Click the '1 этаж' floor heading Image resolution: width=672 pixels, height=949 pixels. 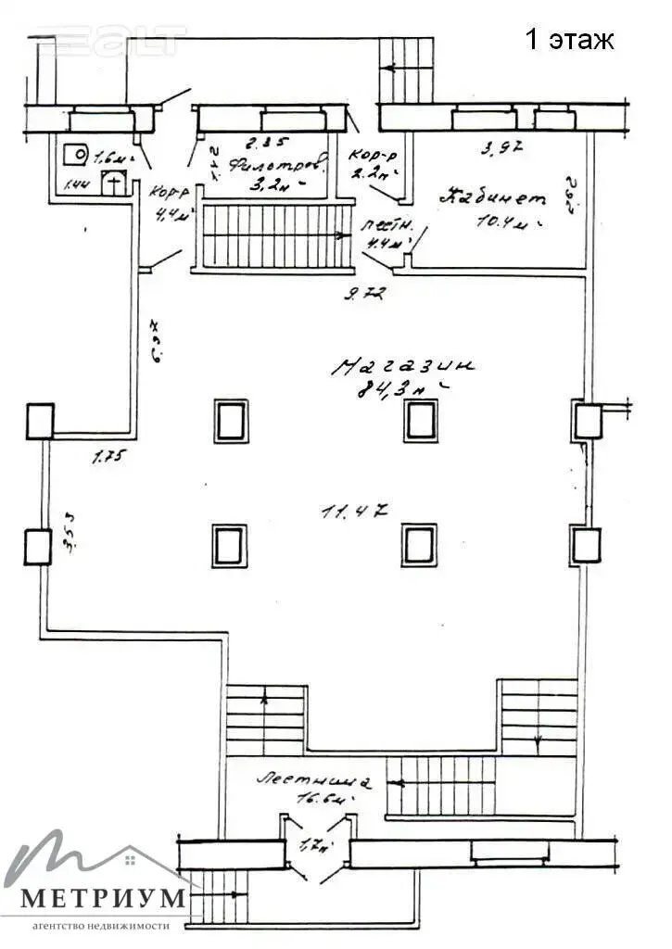pos(569,40)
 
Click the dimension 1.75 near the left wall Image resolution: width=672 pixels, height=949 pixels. pos(108,455)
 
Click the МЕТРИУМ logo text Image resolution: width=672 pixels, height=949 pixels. pos(103,899)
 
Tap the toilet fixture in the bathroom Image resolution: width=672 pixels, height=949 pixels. pos(112,182)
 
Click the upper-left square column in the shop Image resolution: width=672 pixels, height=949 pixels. pos(230,421)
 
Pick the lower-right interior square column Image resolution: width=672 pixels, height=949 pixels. pos(419,544)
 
